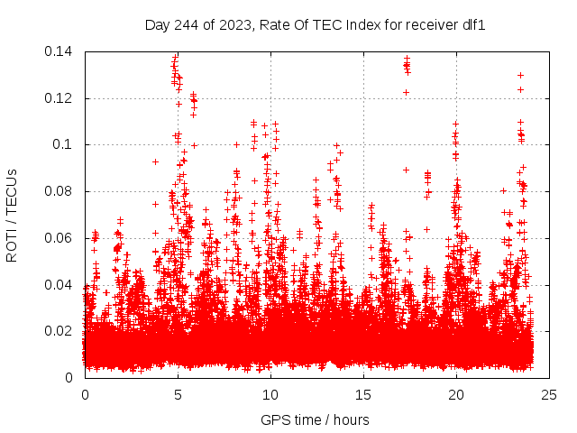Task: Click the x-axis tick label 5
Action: click(178, 394)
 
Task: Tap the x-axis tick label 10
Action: click(270, 394)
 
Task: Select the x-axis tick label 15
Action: click(363, 394)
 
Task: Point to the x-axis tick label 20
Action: click(456, 394)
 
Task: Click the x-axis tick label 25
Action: click(549, 394)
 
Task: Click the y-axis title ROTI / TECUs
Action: click(13, 214)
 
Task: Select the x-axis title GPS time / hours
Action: click(315, 419)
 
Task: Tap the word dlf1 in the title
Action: click(474, 25)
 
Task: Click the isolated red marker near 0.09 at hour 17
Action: click(406, 170)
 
